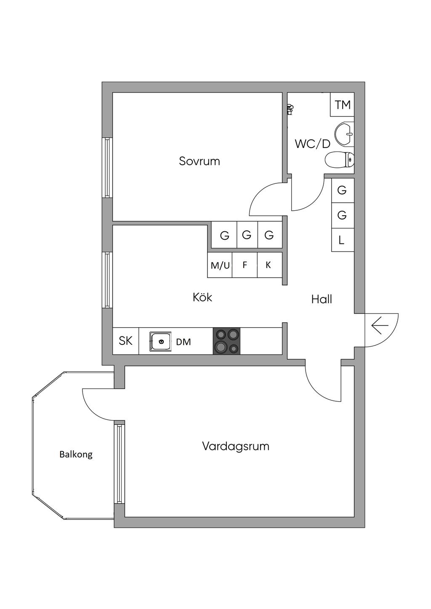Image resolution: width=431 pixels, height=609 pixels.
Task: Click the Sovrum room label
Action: click(199, 161)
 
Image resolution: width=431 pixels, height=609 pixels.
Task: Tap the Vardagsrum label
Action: click(235, 446)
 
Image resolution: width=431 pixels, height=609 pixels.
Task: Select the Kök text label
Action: click(202, 297)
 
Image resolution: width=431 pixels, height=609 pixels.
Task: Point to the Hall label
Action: click(322, 299)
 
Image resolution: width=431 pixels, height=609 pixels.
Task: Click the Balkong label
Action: click(76, 454)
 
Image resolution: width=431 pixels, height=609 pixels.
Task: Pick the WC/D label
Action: click(312, 144)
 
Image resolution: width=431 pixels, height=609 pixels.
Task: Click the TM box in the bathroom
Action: click(342, 104)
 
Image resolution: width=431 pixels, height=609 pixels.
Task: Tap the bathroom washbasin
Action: click(344, 134)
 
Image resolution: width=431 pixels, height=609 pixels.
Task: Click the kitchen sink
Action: click(160, 341)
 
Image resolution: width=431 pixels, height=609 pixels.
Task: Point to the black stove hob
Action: click(226, 341)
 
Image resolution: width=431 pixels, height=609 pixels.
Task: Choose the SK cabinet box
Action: click(125, 341)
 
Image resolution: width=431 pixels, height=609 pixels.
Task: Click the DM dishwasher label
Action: click(184, 342)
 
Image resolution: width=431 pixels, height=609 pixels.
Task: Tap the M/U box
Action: click(220, 265)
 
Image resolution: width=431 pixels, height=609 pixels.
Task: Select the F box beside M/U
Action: click(245, 265)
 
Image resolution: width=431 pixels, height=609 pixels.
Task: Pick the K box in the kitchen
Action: click(269, 265)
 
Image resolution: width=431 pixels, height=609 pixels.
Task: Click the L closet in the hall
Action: click(342, 240)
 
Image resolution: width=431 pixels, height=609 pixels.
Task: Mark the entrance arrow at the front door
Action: click(380, 326)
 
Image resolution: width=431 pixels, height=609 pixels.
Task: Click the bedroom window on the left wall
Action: click(107, 167)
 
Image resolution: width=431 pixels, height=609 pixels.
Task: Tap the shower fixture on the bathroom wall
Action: click(289, 110)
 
